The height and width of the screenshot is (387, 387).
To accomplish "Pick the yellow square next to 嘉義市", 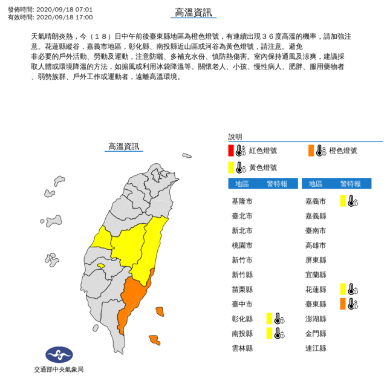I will (342, 201).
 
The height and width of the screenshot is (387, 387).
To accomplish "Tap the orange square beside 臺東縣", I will (342, 303).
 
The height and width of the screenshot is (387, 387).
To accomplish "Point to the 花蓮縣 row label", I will (316, 289).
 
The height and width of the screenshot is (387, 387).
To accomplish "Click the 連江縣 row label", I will (316, 348).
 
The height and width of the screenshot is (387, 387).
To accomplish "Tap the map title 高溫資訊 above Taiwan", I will (123, 146).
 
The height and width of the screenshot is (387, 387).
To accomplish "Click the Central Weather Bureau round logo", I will (59, 355).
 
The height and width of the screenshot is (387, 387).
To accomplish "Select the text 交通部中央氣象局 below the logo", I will (59, 369).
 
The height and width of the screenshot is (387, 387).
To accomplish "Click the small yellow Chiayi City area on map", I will (101, 265).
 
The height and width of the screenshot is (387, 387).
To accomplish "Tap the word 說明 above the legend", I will (235, 137).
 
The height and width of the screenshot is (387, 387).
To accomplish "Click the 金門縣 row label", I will (316, 333).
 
